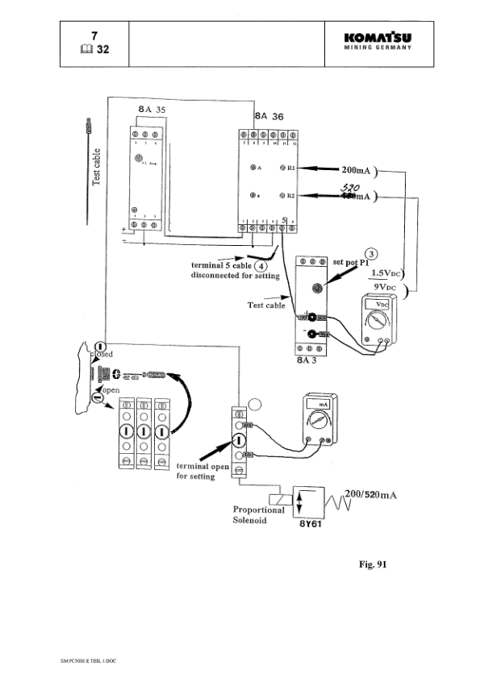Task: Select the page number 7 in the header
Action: [94, 35]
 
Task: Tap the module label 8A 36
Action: [269, 116]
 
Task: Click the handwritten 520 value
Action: [349, 185]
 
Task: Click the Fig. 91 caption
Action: [373, 564]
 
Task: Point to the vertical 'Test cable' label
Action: [96, 167]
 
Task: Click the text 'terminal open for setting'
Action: [203, 472]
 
